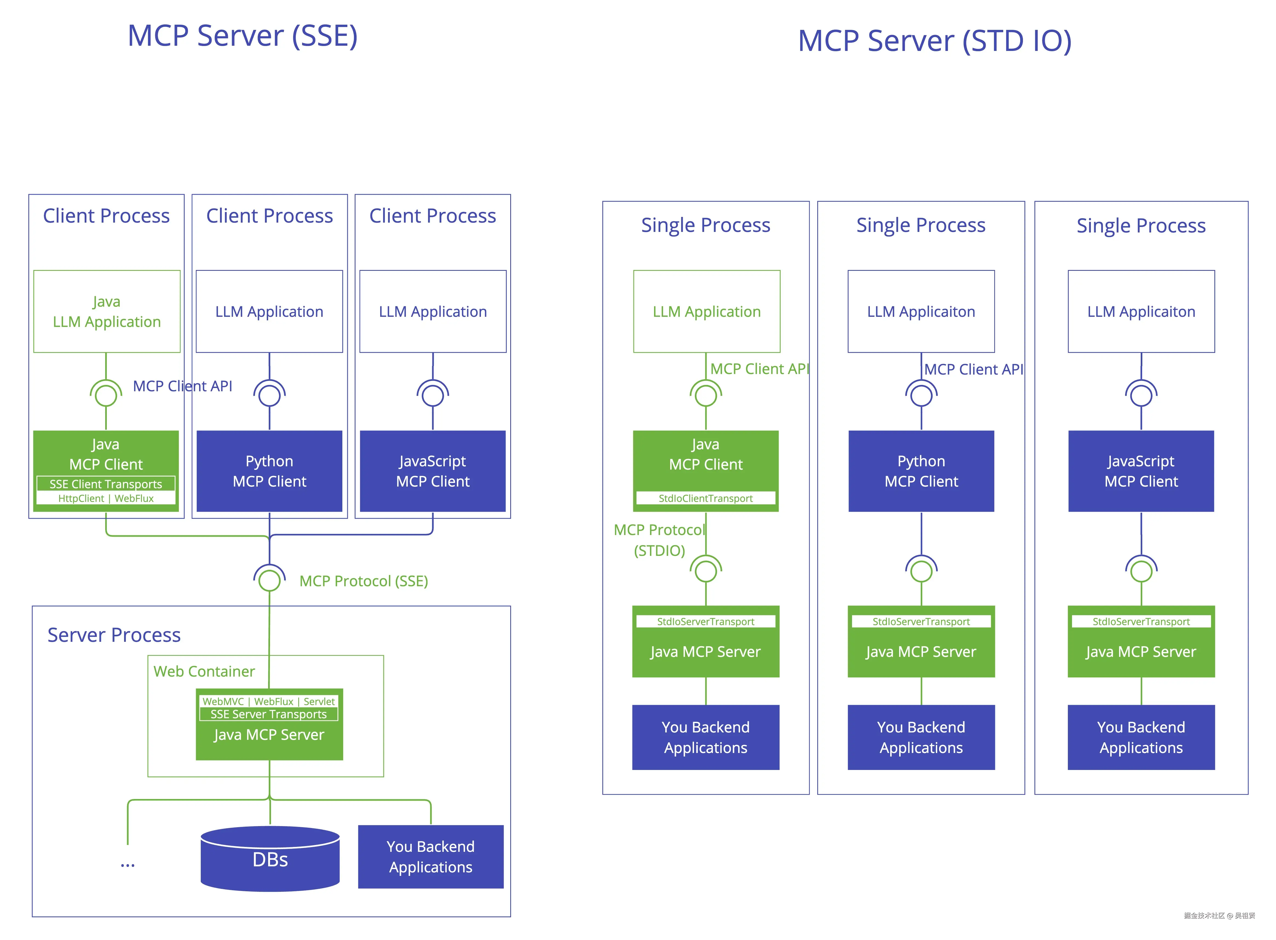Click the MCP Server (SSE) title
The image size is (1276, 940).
242,36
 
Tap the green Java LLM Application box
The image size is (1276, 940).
107,311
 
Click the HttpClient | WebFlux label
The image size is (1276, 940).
106,498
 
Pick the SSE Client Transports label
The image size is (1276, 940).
106,484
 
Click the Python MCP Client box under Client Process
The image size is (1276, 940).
269,471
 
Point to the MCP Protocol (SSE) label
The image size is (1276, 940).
364,581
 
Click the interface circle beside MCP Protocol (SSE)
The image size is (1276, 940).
269,580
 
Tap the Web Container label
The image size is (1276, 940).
204,671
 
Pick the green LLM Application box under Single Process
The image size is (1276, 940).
706,311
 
